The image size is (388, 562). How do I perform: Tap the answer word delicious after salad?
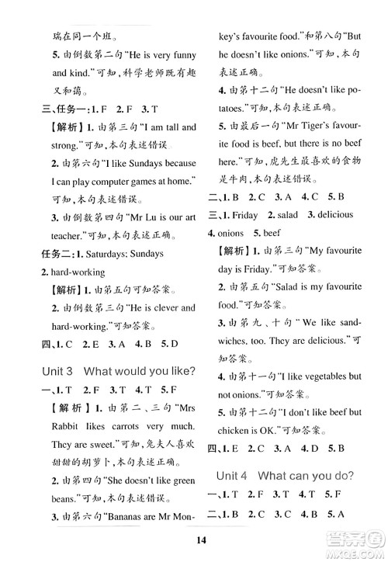click(x=331, y=214)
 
